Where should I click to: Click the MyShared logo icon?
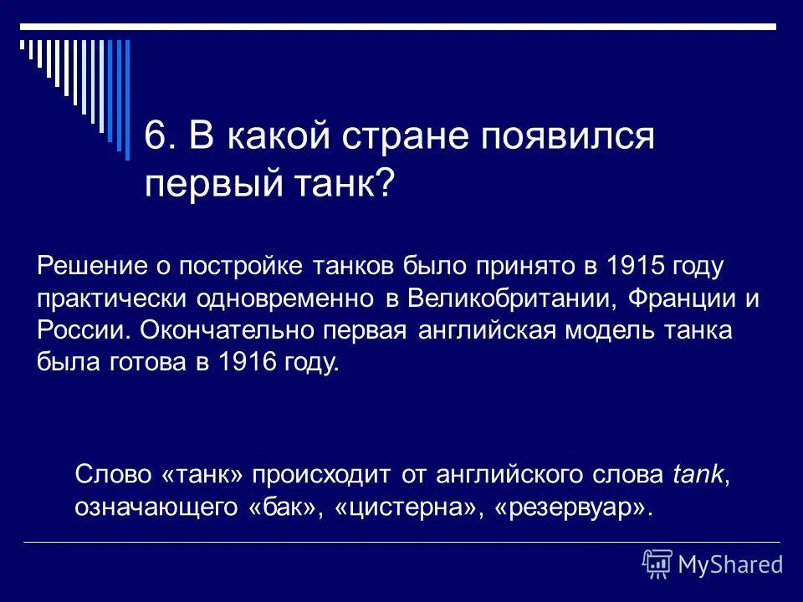(657, 563)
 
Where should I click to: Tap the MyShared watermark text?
(730, 564)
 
